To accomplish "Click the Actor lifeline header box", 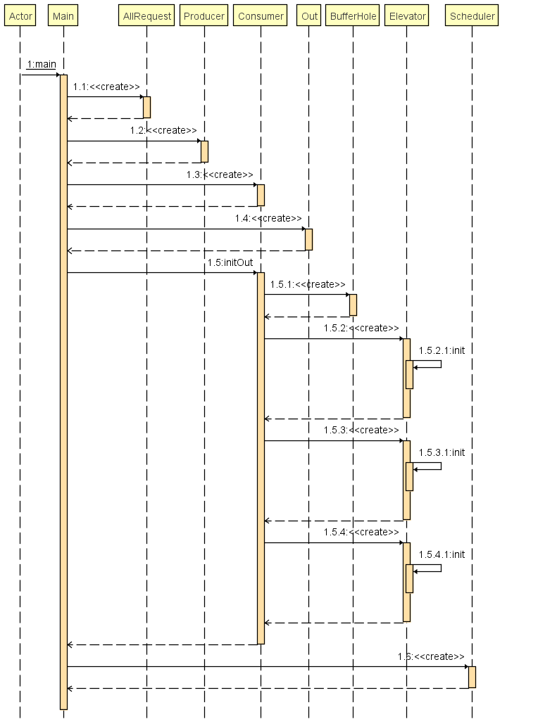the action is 20,16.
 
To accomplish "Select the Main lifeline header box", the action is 63,16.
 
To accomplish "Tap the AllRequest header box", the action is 146,16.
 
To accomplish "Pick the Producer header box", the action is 204,16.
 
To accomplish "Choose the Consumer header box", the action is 261,16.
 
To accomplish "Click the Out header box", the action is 308,16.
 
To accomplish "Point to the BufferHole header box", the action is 353,16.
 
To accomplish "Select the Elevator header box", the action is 407,16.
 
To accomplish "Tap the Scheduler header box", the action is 472,16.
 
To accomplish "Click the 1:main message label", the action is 42,65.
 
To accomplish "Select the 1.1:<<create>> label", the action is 106,87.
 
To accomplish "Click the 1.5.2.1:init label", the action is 442,350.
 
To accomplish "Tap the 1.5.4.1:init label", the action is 442,554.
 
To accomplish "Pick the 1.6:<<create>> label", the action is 431,656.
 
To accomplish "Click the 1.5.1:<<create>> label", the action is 308,284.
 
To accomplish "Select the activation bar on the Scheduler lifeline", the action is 472,677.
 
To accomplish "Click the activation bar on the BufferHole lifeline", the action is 353,305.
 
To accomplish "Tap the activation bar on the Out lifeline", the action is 308,239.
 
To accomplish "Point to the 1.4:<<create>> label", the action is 268,219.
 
